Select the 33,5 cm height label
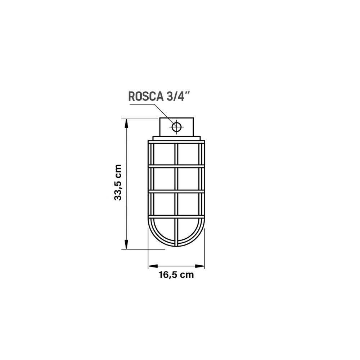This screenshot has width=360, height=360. point(118,183)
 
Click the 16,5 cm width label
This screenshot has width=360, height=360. point(176,275)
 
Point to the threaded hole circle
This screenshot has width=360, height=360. point(176,127)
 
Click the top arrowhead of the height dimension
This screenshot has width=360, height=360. point(126,123)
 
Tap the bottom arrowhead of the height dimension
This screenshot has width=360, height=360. point(126,243)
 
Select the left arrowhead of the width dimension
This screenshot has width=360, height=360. point(153,266)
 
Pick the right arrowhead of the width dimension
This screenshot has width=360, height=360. point(199,266)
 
